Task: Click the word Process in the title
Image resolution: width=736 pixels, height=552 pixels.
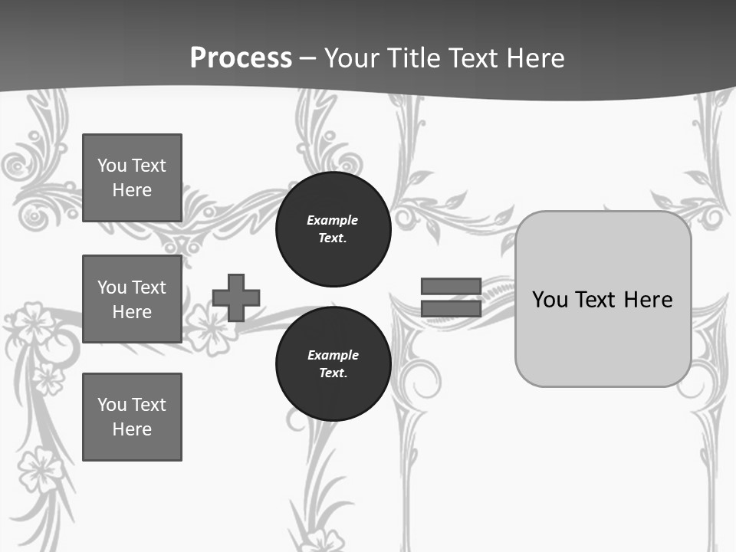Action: (x=241, y=58)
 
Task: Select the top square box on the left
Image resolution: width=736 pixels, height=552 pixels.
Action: (x=132, y=178)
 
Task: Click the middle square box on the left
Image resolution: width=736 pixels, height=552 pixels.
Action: (x=132, y=299)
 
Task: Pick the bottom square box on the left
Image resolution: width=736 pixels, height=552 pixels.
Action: (x=132, y=417)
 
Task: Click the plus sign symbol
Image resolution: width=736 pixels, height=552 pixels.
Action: (x=236, y=297)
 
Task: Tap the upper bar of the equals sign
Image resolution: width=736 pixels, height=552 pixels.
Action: (x=451, y=286)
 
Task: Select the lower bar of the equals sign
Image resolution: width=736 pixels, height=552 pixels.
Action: (x=451, y=309)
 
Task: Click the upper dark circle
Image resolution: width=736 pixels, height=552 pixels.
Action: (x=333, y=228)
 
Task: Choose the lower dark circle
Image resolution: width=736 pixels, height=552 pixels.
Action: (x=333, y=363)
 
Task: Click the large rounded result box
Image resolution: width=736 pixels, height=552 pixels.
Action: (x=603, y=299)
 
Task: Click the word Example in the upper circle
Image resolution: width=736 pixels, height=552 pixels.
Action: (x=333, y=220)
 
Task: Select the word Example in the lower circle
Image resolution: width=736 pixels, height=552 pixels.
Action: (x=333, y=355)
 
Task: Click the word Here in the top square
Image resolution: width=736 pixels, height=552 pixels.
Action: (x=132, y=190)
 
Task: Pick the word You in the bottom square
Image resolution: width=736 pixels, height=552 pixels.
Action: (x=112, y=404)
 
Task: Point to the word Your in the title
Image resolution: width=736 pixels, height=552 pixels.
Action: (x=351, y=58)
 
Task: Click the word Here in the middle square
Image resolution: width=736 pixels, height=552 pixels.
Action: (x=132, y=312)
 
